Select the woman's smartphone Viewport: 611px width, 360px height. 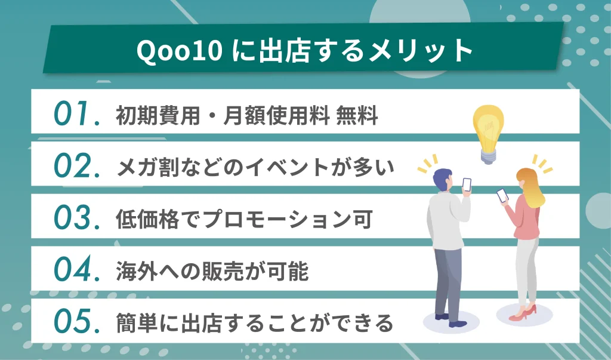(x=502, y=195)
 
